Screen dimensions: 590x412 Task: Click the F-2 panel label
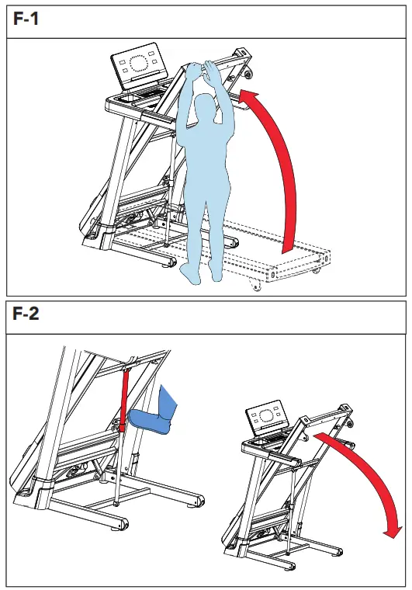(26, 316)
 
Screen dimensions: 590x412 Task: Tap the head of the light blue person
(206, 108)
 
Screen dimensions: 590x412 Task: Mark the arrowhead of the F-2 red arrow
(393, 531)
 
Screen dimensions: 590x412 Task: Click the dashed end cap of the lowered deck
(298, 269)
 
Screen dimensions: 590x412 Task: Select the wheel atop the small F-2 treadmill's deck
(348, 422)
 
